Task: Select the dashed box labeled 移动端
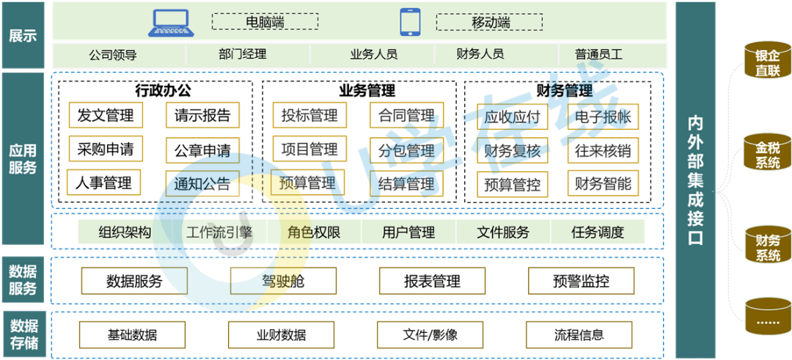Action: tap(491, 23)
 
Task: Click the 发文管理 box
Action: tap(106, 115)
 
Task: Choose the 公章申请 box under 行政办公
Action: tap(202, 150)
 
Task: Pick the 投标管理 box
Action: tap(309, 115)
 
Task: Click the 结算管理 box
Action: tap(406, 183)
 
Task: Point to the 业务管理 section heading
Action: tap(367, 91)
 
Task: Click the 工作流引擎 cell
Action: tap(219, 233)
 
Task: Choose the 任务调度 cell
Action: tap(598, 233)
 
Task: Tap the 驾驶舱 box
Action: tap(283, 282)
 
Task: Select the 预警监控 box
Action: tap(582, 282)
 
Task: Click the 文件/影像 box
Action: tap(430, 335)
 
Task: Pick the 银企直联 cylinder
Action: tap(768, 62)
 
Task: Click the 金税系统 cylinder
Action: tap(768, 153)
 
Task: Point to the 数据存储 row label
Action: tap(23, 334)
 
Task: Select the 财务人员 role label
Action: tap(480, 54)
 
